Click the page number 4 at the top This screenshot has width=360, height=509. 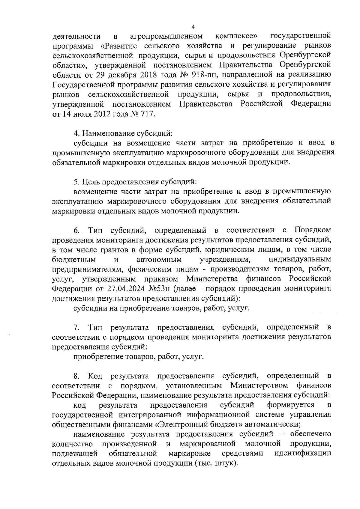point(193,27)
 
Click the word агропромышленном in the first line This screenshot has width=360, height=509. point(166,37)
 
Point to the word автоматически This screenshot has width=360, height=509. point(272,424)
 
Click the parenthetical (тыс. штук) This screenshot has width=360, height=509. point(216,472)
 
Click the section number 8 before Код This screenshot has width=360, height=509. point(76,376)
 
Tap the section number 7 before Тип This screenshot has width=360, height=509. point(76,327)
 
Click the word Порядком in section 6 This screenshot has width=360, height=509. point(313,230)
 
